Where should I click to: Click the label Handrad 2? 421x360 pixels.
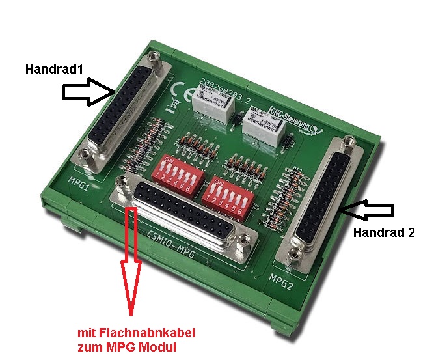coord(383,232)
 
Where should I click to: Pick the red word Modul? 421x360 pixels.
coord(158,347)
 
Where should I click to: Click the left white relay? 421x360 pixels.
coord(212,104)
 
